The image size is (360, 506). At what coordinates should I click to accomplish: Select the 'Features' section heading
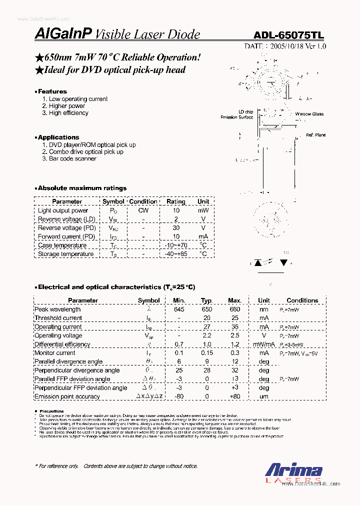(52, 91)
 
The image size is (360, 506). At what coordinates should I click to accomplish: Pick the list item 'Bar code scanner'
(72, 158)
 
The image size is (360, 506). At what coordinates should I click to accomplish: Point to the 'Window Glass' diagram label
(309, 114)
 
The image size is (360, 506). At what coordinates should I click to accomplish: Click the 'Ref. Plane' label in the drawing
(315, 135)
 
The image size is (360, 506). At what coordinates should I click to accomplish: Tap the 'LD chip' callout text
(245, 111)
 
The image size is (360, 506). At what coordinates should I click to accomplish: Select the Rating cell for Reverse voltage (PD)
(176, 228)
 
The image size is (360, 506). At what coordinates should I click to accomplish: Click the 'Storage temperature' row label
(66, 254)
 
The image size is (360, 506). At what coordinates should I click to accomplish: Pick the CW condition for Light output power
(143, 210)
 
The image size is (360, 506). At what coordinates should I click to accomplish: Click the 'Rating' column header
(176, 201)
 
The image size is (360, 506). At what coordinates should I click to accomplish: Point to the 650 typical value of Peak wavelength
(206, 309)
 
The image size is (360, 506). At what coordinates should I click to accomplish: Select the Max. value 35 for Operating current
(234, 326)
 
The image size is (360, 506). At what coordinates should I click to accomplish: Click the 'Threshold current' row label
(58, 318)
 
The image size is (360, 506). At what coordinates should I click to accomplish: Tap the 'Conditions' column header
(302, 300)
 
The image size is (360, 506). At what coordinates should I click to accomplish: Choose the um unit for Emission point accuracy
(263, 396)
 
